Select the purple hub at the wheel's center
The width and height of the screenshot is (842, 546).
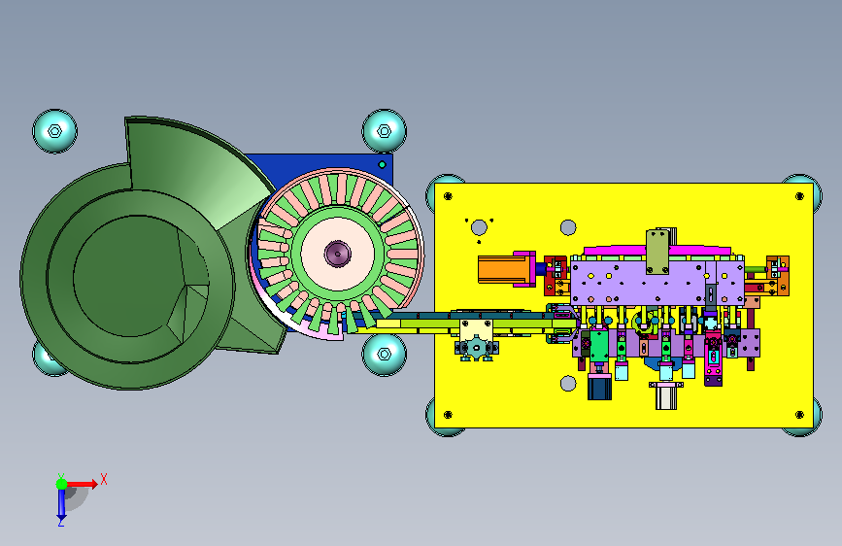tap(338, 254)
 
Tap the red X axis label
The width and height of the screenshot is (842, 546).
tap(104, 479)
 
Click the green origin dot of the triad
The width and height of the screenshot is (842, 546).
tap(62, 484)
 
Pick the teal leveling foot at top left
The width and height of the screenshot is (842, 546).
tap(54, 131)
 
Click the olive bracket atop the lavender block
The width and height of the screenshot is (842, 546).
tap(657, 251)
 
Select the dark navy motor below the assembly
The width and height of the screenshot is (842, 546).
tap(599, 387)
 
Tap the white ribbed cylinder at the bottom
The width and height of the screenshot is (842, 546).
tap(666, 396)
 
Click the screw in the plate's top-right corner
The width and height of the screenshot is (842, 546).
tap(799, 196)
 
